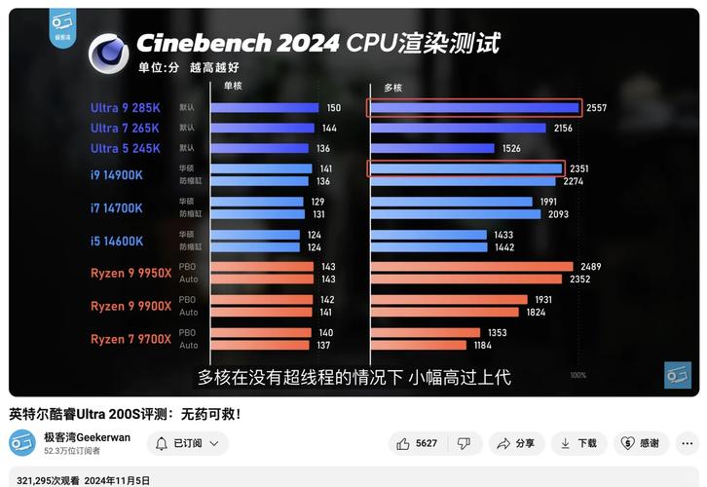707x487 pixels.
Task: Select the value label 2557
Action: [x=596, y=108]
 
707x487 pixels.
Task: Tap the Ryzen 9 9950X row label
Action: [x=130, y=274]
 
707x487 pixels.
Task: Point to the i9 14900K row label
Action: [x=117, y=174]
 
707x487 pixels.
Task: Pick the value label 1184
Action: [x=483, y=346]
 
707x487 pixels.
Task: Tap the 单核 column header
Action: [x=233, y=86]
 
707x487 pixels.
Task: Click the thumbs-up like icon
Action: [x=403, y=443]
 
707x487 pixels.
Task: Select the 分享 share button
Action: [x=515, y=443]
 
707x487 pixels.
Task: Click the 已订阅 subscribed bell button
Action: [x=187, y=443]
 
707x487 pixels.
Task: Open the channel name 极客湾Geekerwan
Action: [x=87, y=437]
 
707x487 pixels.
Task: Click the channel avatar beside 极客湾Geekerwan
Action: [x=22, y=444]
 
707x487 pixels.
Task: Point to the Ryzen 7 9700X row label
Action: [x=130, y=339]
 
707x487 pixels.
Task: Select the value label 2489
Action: [x=590, y=267]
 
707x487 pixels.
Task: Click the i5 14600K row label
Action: [x=117, y=241]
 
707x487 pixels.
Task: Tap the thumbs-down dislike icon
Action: [x=465, y=443]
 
